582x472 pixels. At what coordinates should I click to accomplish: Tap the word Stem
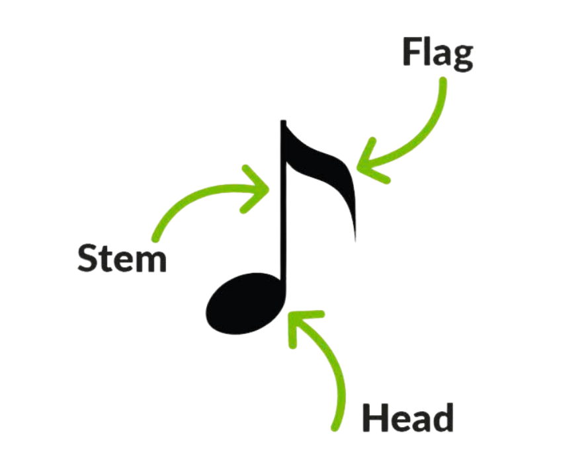122,257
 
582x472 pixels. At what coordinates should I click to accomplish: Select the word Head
407,417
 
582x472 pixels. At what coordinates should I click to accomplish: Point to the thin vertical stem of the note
282,212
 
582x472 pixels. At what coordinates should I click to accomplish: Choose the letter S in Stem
88,257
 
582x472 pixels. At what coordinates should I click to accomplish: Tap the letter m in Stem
151,260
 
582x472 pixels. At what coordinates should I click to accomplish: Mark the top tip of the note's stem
282,122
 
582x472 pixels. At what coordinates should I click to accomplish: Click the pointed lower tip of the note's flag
355,239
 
